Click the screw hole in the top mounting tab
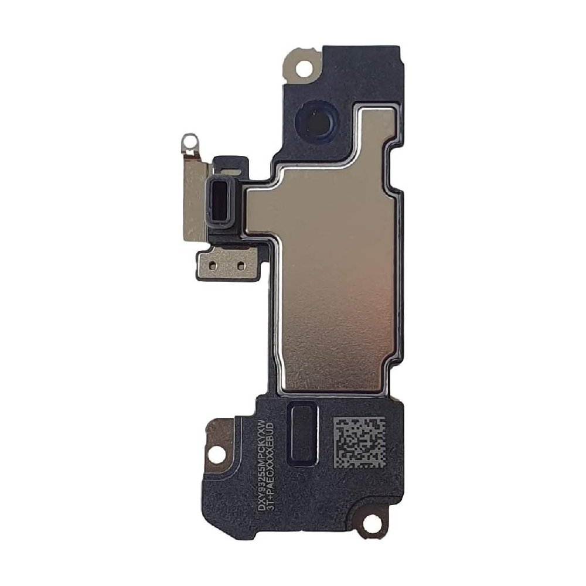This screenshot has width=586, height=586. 304,68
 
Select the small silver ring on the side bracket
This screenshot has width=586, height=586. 188,140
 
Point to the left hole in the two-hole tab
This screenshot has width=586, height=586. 212,264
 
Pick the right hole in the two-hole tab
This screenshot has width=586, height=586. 240,265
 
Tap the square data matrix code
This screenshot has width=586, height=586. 359,442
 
